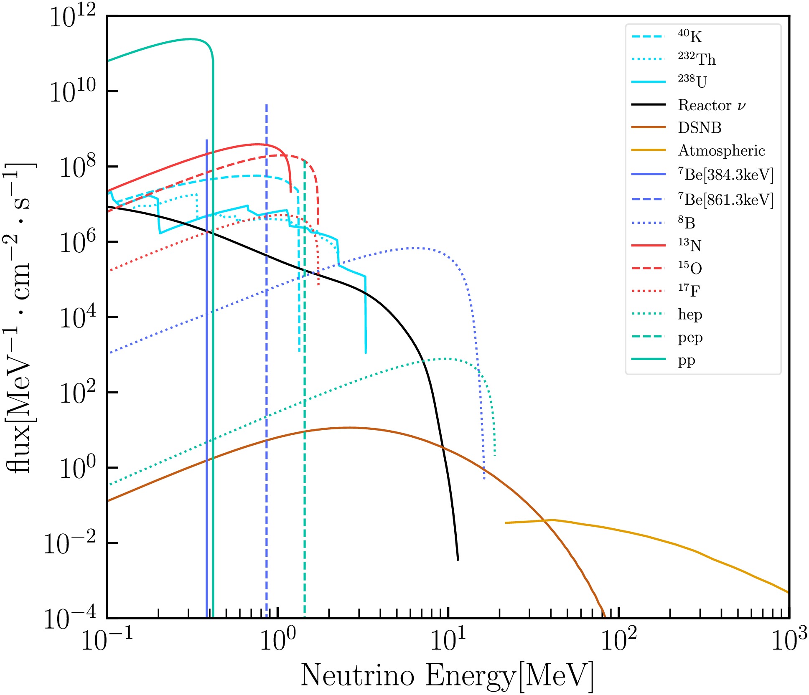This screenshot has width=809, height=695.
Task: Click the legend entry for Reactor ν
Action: [x=711, y=105]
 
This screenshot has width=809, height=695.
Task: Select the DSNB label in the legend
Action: [x=700, y=128]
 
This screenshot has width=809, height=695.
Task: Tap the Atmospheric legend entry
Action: [x=721, y=151]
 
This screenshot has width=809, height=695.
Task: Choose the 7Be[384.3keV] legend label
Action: [x=725, y=175]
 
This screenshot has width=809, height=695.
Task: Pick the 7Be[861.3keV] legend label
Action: [x=725, y=200]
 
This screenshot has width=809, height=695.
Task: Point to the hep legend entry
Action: [x=690, y=314]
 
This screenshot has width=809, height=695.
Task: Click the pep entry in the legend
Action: [x=690, y=337]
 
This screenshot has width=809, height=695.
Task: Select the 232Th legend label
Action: [x=697, y=59]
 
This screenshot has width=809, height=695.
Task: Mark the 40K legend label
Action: [x=690, y=37]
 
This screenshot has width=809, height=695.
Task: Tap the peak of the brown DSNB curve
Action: [x=349, y=428]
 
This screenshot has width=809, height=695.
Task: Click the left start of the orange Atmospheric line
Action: [x=506, y=523]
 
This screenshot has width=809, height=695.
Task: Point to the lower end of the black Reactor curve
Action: [x=458, y=560]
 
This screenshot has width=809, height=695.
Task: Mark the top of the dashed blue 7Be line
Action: [x=266, y=105]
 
